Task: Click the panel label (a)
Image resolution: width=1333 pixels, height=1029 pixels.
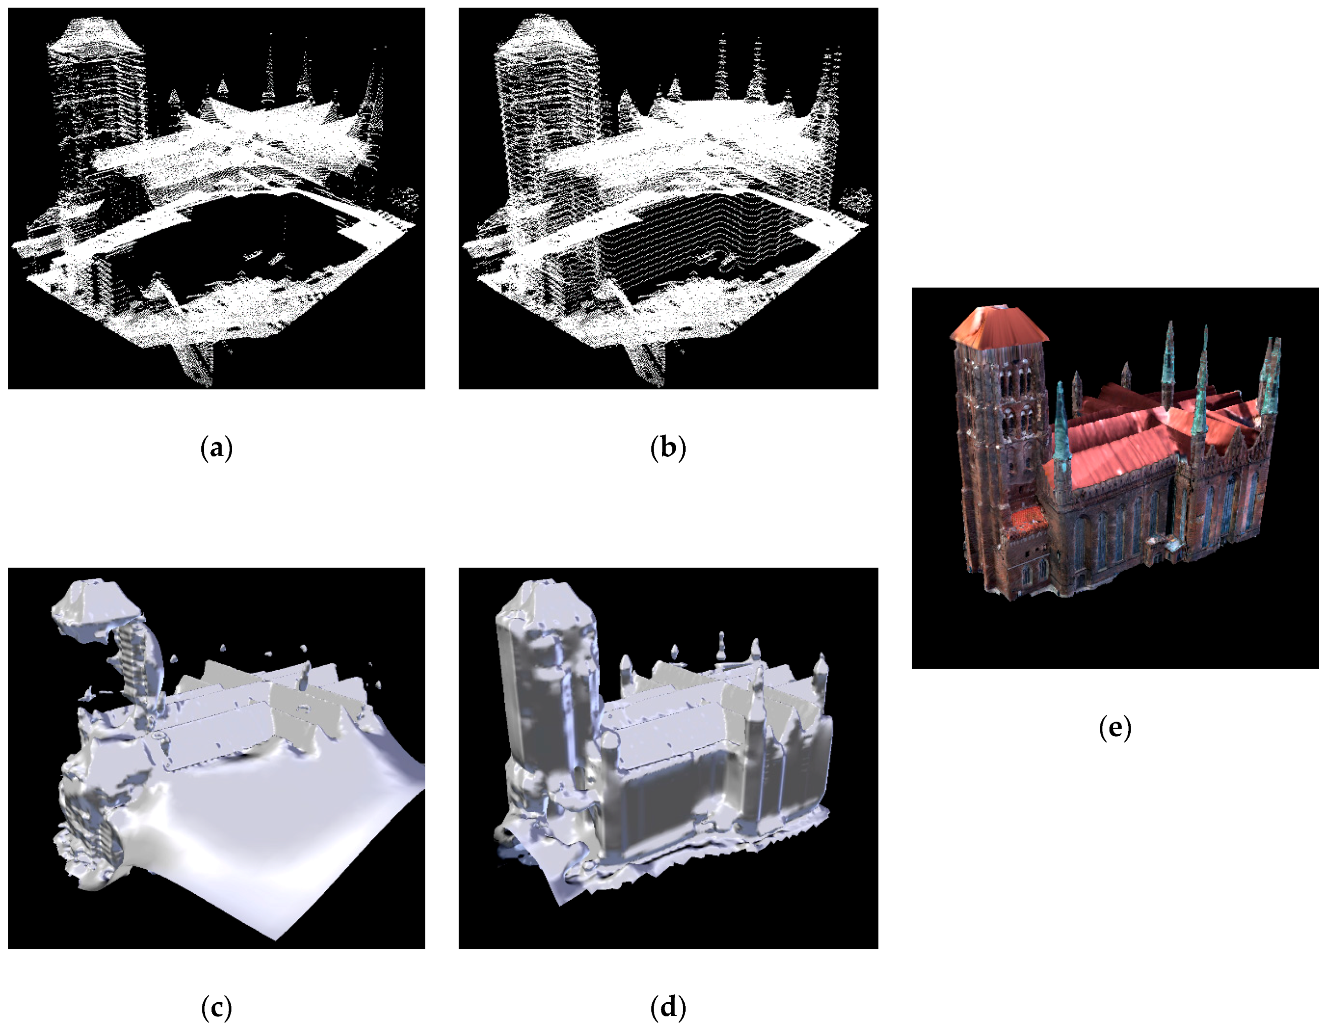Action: (x=216, y=448)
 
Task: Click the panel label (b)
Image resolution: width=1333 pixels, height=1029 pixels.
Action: (x=668, y=448)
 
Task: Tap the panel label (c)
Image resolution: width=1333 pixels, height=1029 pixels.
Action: (x=216, y=1008)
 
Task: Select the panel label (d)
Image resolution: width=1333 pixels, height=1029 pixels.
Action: (x=668, y=1008)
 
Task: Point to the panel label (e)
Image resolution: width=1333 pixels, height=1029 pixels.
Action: (x=1115, y=728)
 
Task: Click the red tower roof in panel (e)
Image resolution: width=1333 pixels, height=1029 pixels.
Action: (x=998, y=324)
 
